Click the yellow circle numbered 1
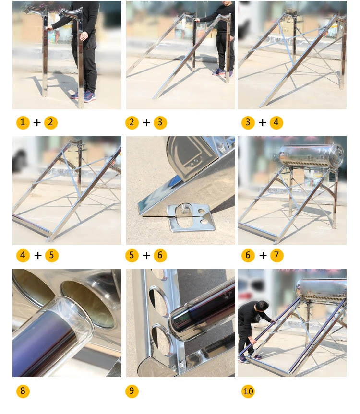pos(23,122)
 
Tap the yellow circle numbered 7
pos(277,255)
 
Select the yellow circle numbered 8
pos(23,391)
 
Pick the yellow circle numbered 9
pos(132,391)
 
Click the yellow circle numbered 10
pos(248,391)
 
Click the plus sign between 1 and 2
pos(37,122)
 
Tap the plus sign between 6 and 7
pos(263,255)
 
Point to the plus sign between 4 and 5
pos(38,255)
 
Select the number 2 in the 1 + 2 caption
pos(51,122)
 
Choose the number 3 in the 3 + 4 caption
pos(248,122)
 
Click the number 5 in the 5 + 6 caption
pos(132,255)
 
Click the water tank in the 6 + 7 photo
pos(312,156)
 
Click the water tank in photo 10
pos(321,290)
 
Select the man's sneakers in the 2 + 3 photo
pos(223,72)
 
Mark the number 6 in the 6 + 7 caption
pos(248,255)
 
